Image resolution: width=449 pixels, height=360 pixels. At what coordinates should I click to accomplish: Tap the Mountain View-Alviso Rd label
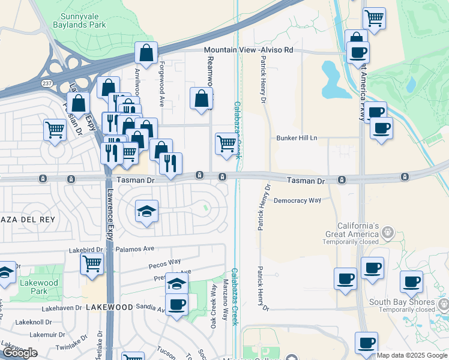click(248, 50)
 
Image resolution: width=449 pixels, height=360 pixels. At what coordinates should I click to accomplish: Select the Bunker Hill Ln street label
click(296, 138)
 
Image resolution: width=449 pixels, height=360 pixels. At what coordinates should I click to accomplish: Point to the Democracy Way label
click(297, 200)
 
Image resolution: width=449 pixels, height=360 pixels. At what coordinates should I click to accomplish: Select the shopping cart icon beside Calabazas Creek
click(226, 143)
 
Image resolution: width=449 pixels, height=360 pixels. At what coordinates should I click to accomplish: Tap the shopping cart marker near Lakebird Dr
click(92, 263)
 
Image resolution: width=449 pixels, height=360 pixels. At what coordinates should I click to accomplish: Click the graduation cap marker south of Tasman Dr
click(146, 211)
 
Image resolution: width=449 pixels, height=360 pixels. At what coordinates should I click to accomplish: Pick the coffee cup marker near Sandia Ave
click(176, 304)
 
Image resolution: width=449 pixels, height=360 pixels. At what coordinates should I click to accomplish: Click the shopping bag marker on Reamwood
click(201, 98)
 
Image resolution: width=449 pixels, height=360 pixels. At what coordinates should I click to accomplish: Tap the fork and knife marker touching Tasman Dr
click(170, 163)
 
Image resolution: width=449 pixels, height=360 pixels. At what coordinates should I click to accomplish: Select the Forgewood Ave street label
click(161, 84)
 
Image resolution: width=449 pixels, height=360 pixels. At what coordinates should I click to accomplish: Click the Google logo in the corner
click(19, 353)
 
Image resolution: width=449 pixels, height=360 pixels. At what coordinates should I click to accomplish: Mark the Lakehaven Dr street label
click(62, 308)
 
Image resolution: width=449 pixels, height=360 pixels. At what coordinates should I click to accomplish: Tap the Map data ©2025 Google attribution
click(412, 355)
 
